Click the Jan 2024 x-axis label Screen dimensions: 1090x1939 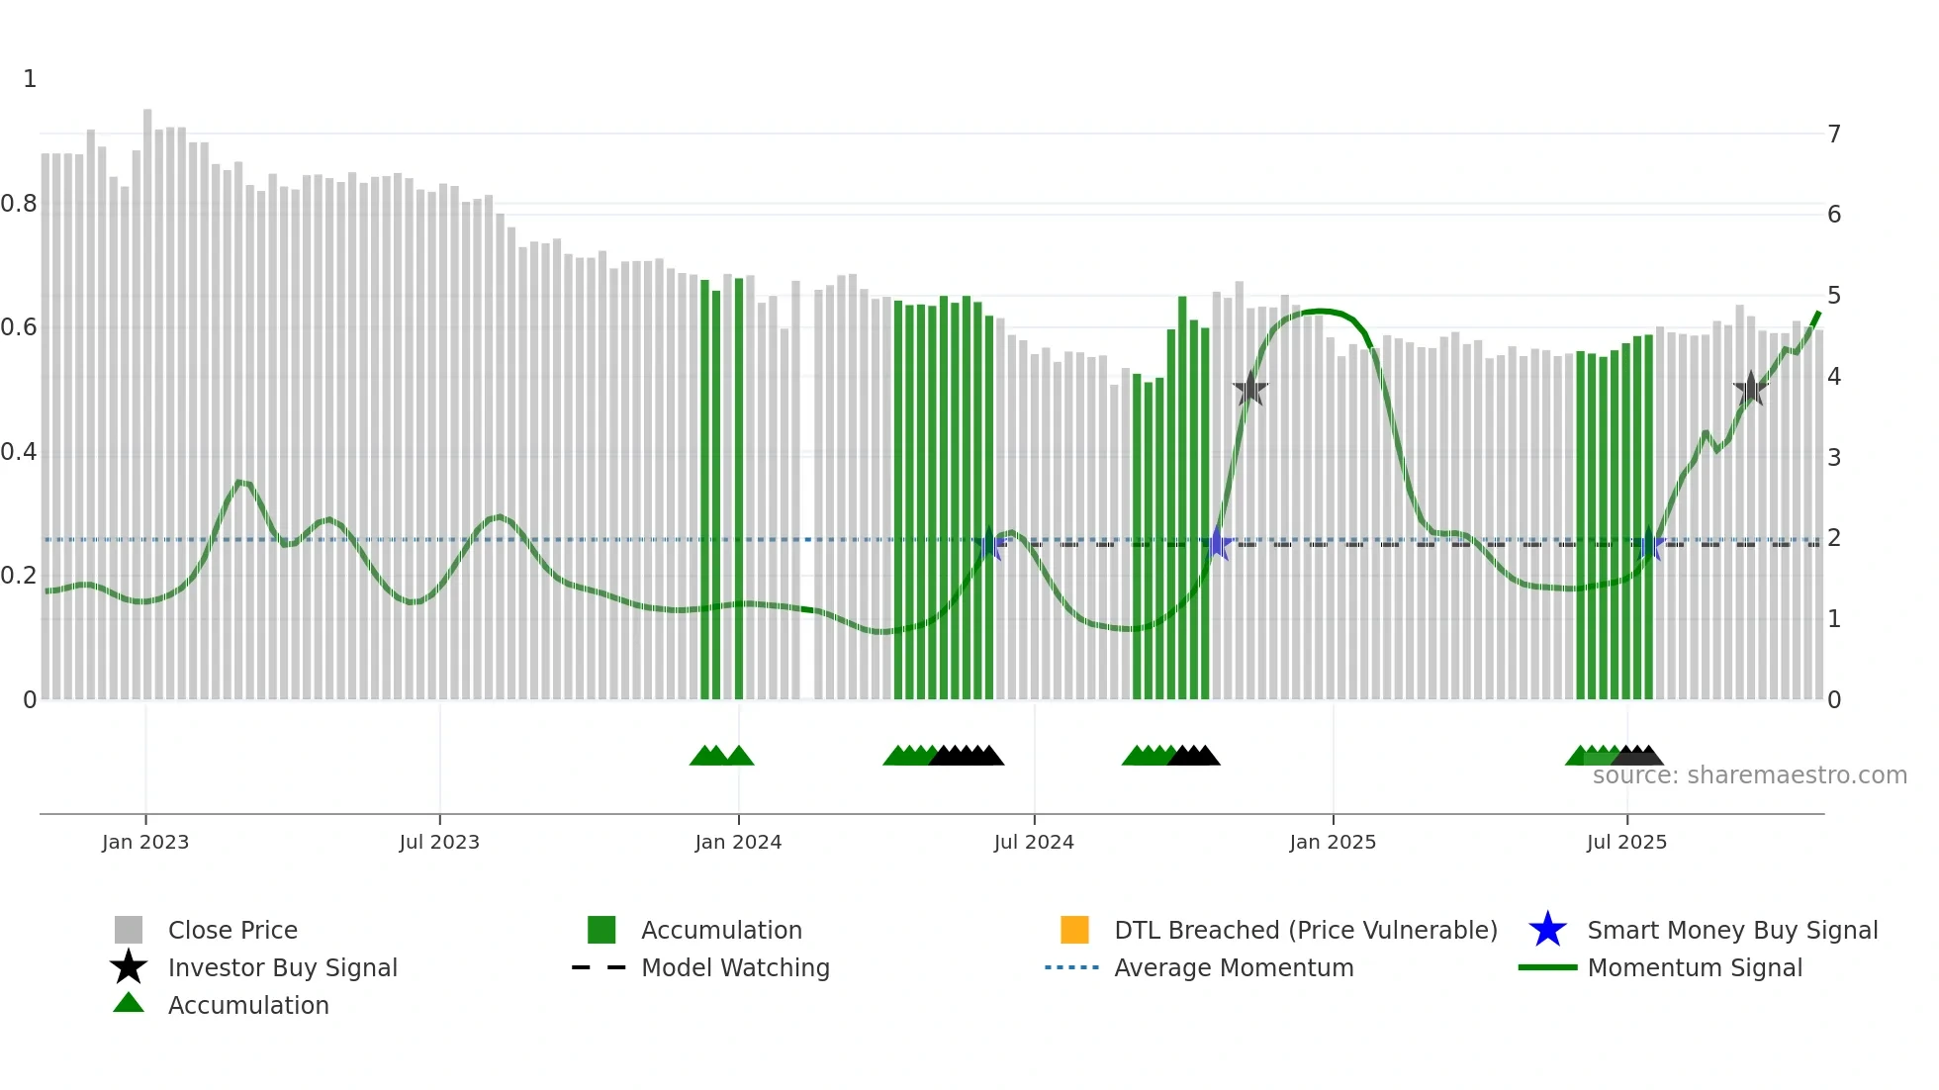click(x=738, y=842)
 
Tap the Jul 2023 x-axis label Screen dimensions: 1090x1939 click(x=439, y=842)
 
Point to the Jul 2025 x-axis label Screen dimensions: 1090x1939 click(x=1626, y=842)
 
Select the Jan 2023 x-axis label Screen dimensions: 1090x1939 click(x=145, y=842)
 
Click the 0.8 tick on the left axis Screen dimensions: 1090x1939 click(x=19, y=204)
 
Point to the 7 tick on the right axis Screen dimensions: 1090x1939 click(x=1834, y=134)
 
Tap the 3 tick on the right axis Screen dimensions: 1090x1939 click(x=1834, y=457)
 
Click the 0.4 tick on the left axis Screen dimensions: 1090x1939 click(x=19, y=452)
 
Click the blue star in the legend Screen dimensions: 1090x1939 click(x=1547, y=930)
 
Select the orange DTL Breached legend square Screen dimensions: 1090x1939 click(x=1074, y=930)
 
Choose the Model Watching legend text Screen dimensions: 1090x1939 click(x=735, y=967)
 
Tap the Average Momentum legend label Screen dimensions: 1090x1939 click(x=1234, y=967)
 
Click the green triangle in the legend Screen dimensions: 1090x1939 click(x=129, y=1004)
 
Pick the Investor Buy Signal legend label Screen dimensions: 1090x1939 click(x=282, y=967)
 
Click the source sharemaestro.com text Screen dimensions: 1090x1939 click(x=1749, y=774)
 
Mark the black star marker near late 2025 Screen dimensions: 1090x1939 click(x=1751, y=389)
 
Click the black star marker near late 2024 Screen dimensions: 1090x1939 click(x=1250, y=389)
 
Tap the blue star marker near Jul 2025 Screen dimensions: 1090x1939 click(x=1649, y=544)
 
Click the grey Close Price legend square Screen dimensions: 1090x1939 click(x=129, y=930)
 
